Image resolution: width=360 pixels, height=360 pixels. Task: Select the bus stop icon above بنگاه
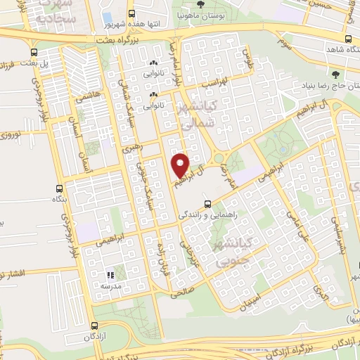(59, 188)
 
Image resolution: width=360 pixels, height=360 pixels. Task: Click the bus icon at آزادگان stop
(95, 326)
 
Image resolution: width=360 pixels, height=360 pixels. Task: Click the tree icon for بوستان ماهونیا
(200, 4)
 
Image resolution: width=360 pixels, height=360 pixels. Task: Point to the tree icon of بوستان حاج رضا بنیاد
(335, 73)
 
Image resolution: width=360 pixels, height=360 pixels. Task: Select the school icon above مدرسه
(110, 274)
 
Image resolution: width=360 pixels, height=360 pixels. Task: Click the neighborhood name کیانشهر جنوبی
(229, 255)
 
